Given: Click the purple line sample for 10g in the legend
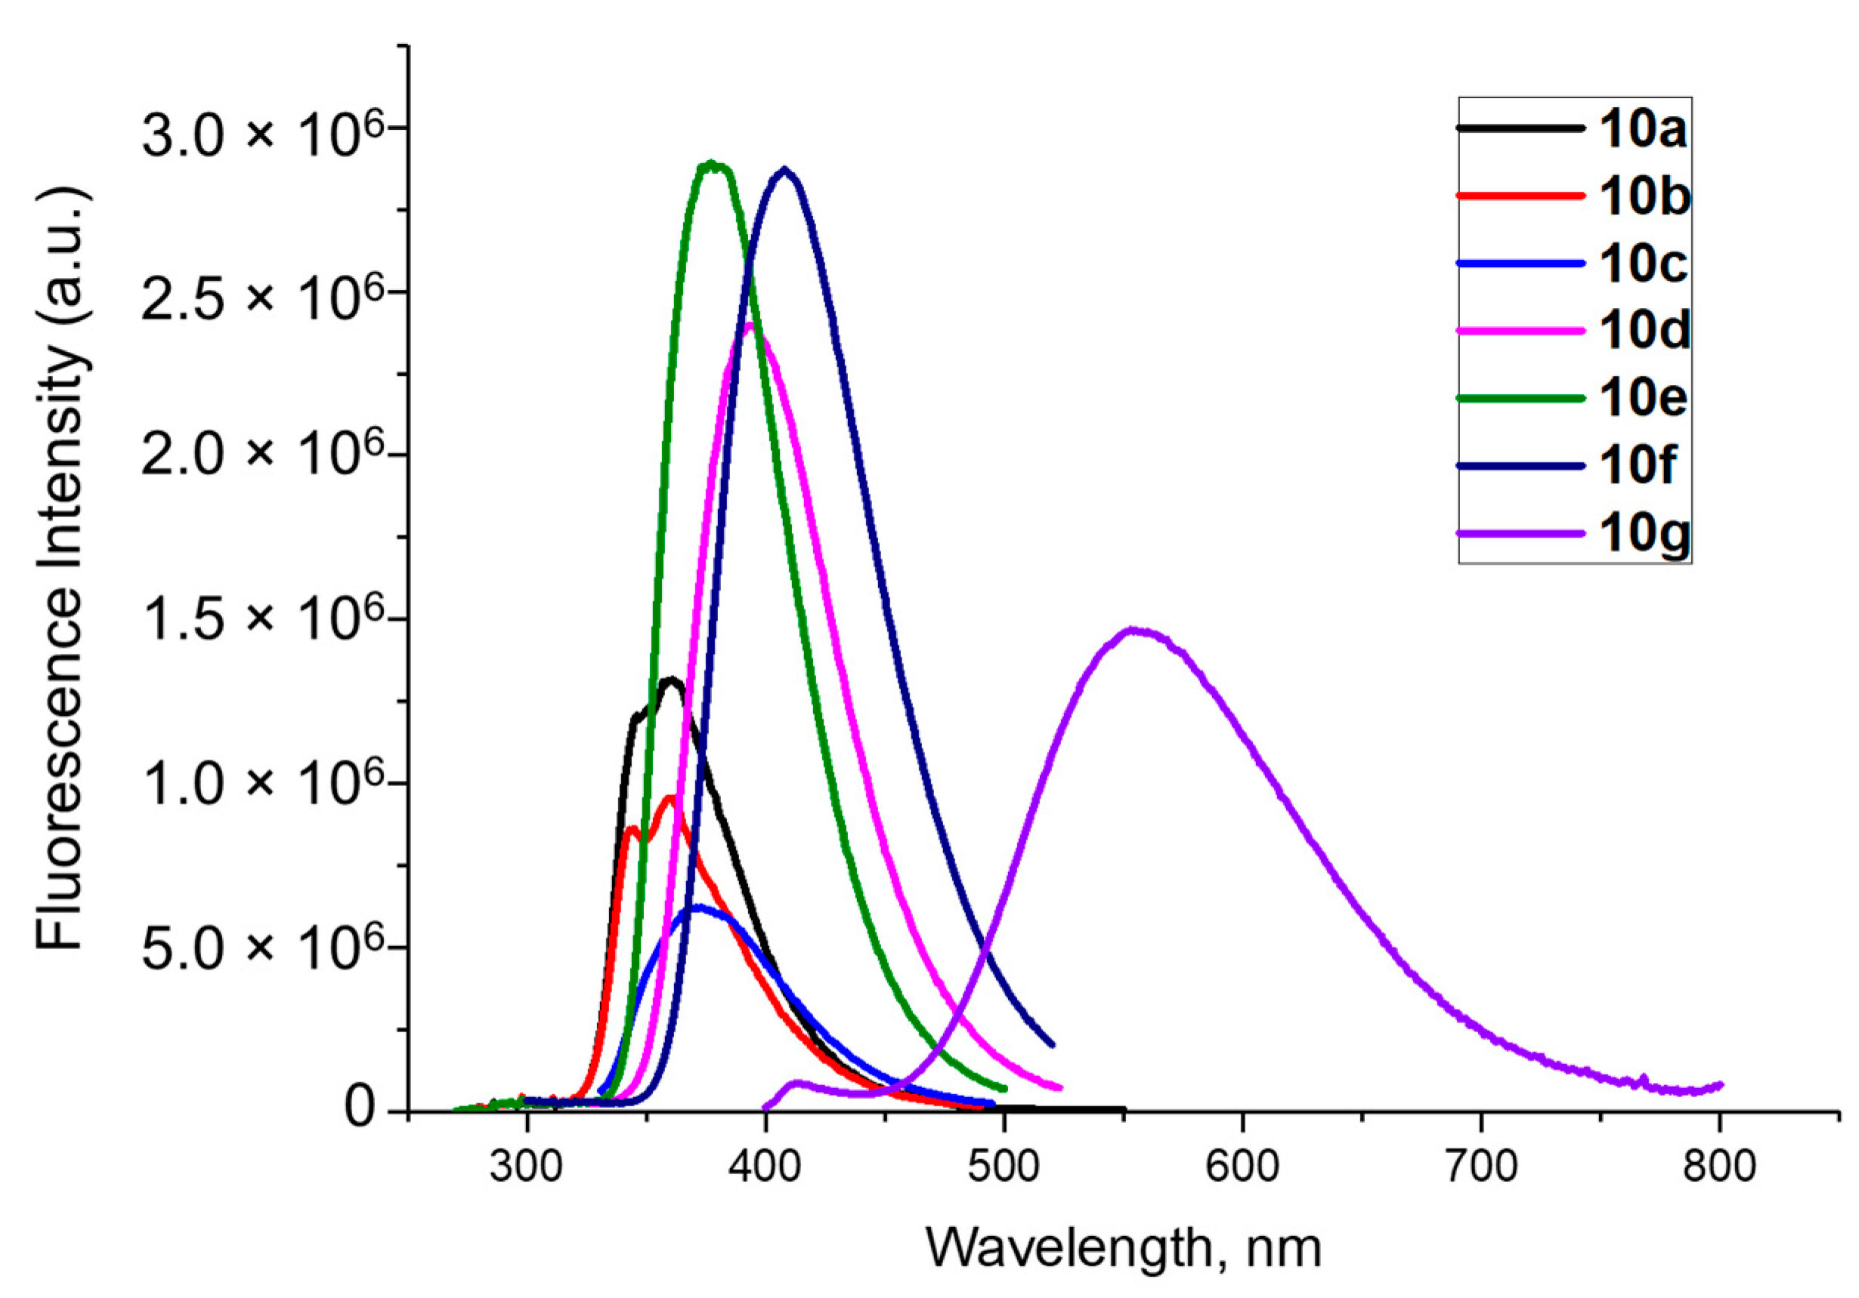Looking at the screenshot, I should [x=1520, y=533].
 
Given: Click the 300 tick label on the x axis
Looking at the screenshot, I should [x=526, y=1166].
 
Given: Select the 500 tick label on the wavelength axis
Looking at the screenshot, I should [x=1004, y=1166].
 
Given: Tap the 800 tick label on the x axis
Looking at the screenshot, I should [x=1718, y=1166].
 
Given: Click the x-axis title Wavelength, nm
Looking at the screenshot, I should [x=1123, y=1247].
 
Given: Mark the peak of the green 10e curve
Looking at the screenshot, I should [x=711, y=165].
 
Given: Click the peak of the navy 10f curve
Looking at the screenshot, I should [x=783, y=171].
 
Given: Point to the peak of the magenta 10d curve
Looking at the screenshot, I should [x=750, y=326].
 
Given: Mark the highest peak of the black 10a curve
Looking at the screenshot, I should [x=670, y=680].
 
